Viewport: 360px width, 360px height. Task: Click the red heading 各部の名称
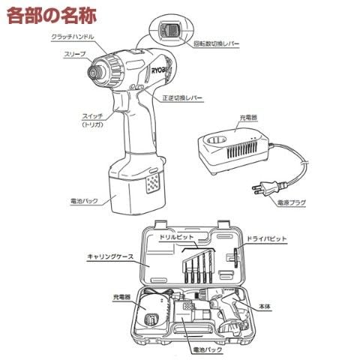click(52, 16)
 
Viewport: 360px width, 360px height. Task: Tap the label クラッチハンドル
click(73, 37)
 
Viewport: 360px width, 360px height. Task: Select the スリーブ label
click(75, 54)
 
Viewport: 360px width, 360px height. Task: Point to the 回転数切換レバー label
click(217, 44)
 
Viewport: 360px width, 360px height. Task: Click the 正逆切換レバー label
click(182, 97)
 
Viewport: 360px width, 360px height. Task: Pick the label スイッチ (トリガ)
click(92, 120)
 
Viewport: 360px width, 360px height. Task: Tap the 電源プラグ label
click(292, 202)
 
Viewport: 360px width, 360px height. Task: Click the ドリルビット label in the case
click(176, 236)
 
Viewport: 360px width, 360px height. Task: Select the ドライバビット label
click(267, 238)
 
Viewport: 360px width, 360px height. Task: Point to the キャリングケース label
click(110, 256)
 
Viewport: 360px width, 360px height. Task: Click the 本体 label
click(265, 307)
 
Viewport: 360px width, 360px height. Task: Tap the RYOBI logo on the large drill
click(160, 70)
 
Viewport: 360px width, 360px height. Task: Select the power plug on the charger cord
click(268, 187)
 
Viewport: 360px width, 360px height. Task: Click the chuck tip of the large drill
click(94, 73)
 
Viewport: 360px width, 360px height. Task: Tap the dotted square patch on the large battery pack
click(152, 183)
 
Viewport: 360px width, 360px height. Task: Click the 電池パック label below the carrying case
click(208, 349)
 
